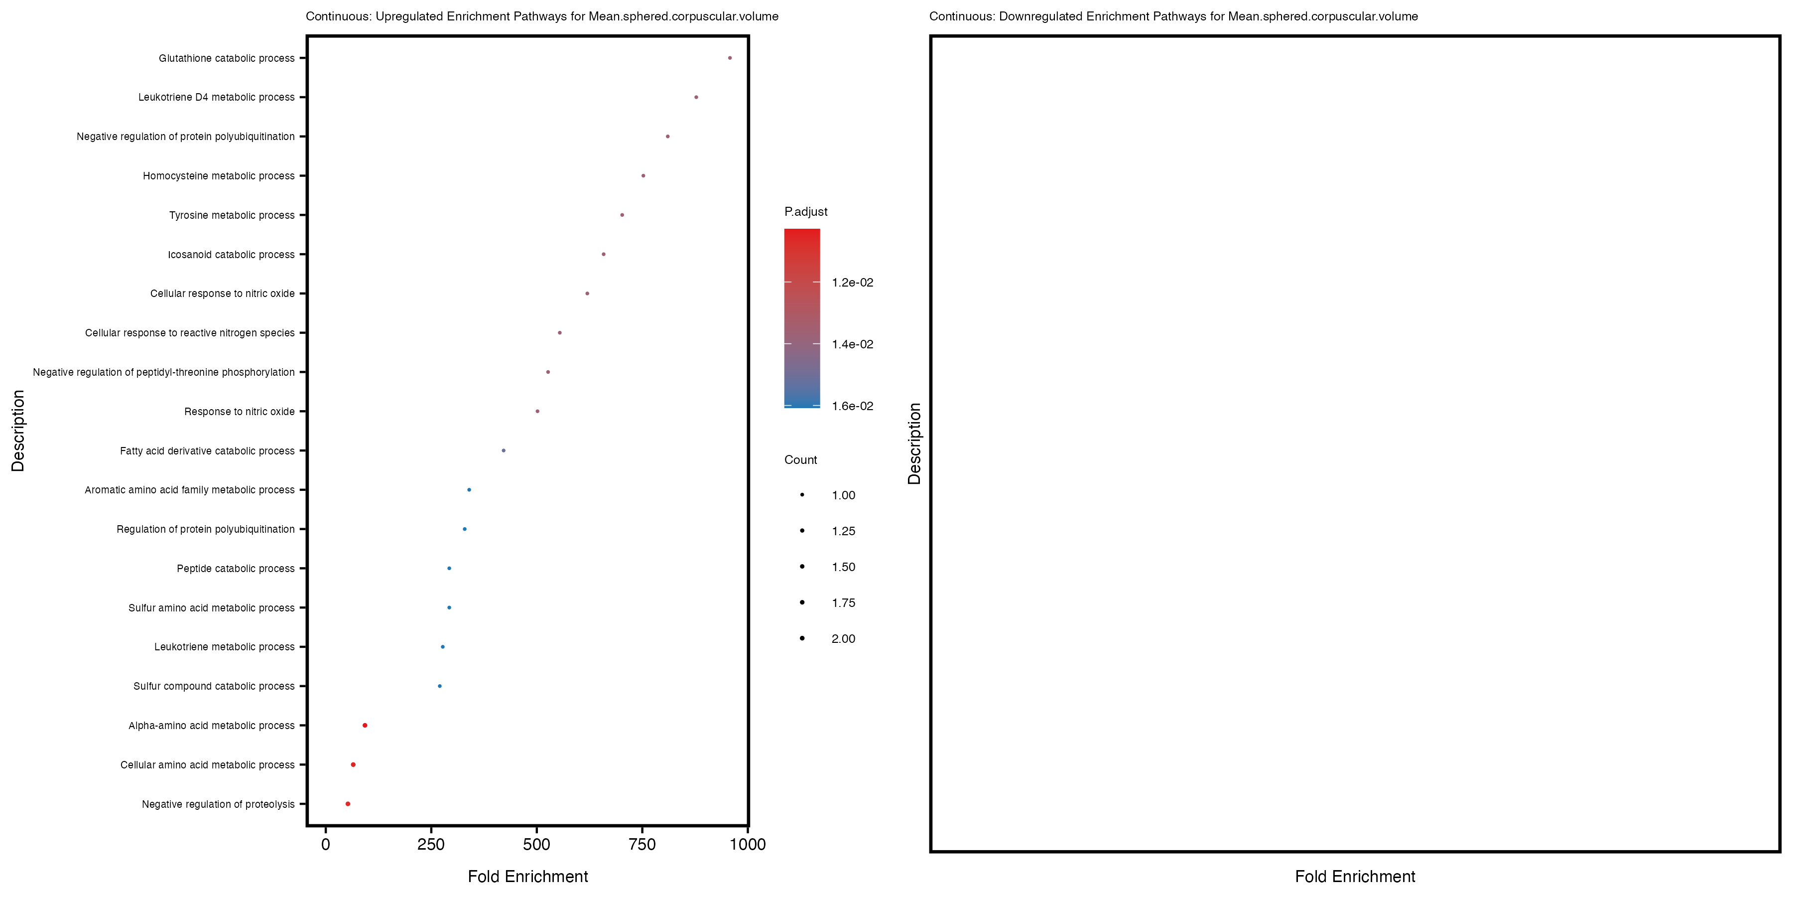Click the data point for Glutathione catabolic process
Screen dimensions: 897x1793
tap(730, 58)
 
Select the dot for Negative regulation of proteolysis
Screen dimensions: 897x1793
tap(348, 804)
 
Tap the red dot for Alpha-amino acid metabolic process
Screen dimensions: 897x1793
tap(365, 725)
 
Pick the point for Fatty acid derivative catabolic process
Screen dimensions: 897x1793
tap(503, 450)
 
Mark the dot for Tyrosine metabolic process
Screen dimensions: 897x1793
tap(622, 215)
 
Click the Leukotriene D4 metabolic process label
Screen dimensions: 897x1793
tap(217, 98)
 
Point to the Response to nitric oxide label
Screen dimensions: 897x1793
tap(240, 412)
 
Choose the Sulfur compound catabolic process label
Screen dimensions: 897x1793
tap(214, 687)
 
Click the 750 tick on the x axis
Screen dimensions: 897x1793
tap(642, 845)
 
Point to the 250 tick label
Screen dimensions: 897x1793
tap(431, 845)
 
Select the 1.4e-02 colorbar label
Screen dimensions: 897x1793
tap(852, 344)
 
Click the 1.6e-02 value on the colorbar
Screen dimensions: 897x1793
tap(852, 406)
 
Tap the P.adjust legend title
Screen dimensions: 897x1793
tap(805, 212)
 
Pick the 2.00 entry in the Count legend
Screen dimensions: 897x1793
tap(843, 639)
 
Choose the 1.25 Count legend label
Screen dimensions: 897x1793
tap(843, 531)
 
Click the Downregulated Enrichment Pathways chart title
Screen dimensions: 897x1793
tap(1173, 16)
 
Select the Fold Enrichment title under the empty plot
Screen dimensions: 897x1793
tap(1355, 876)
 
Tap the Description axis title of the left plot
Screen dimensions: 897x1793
tap(18, 431)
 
